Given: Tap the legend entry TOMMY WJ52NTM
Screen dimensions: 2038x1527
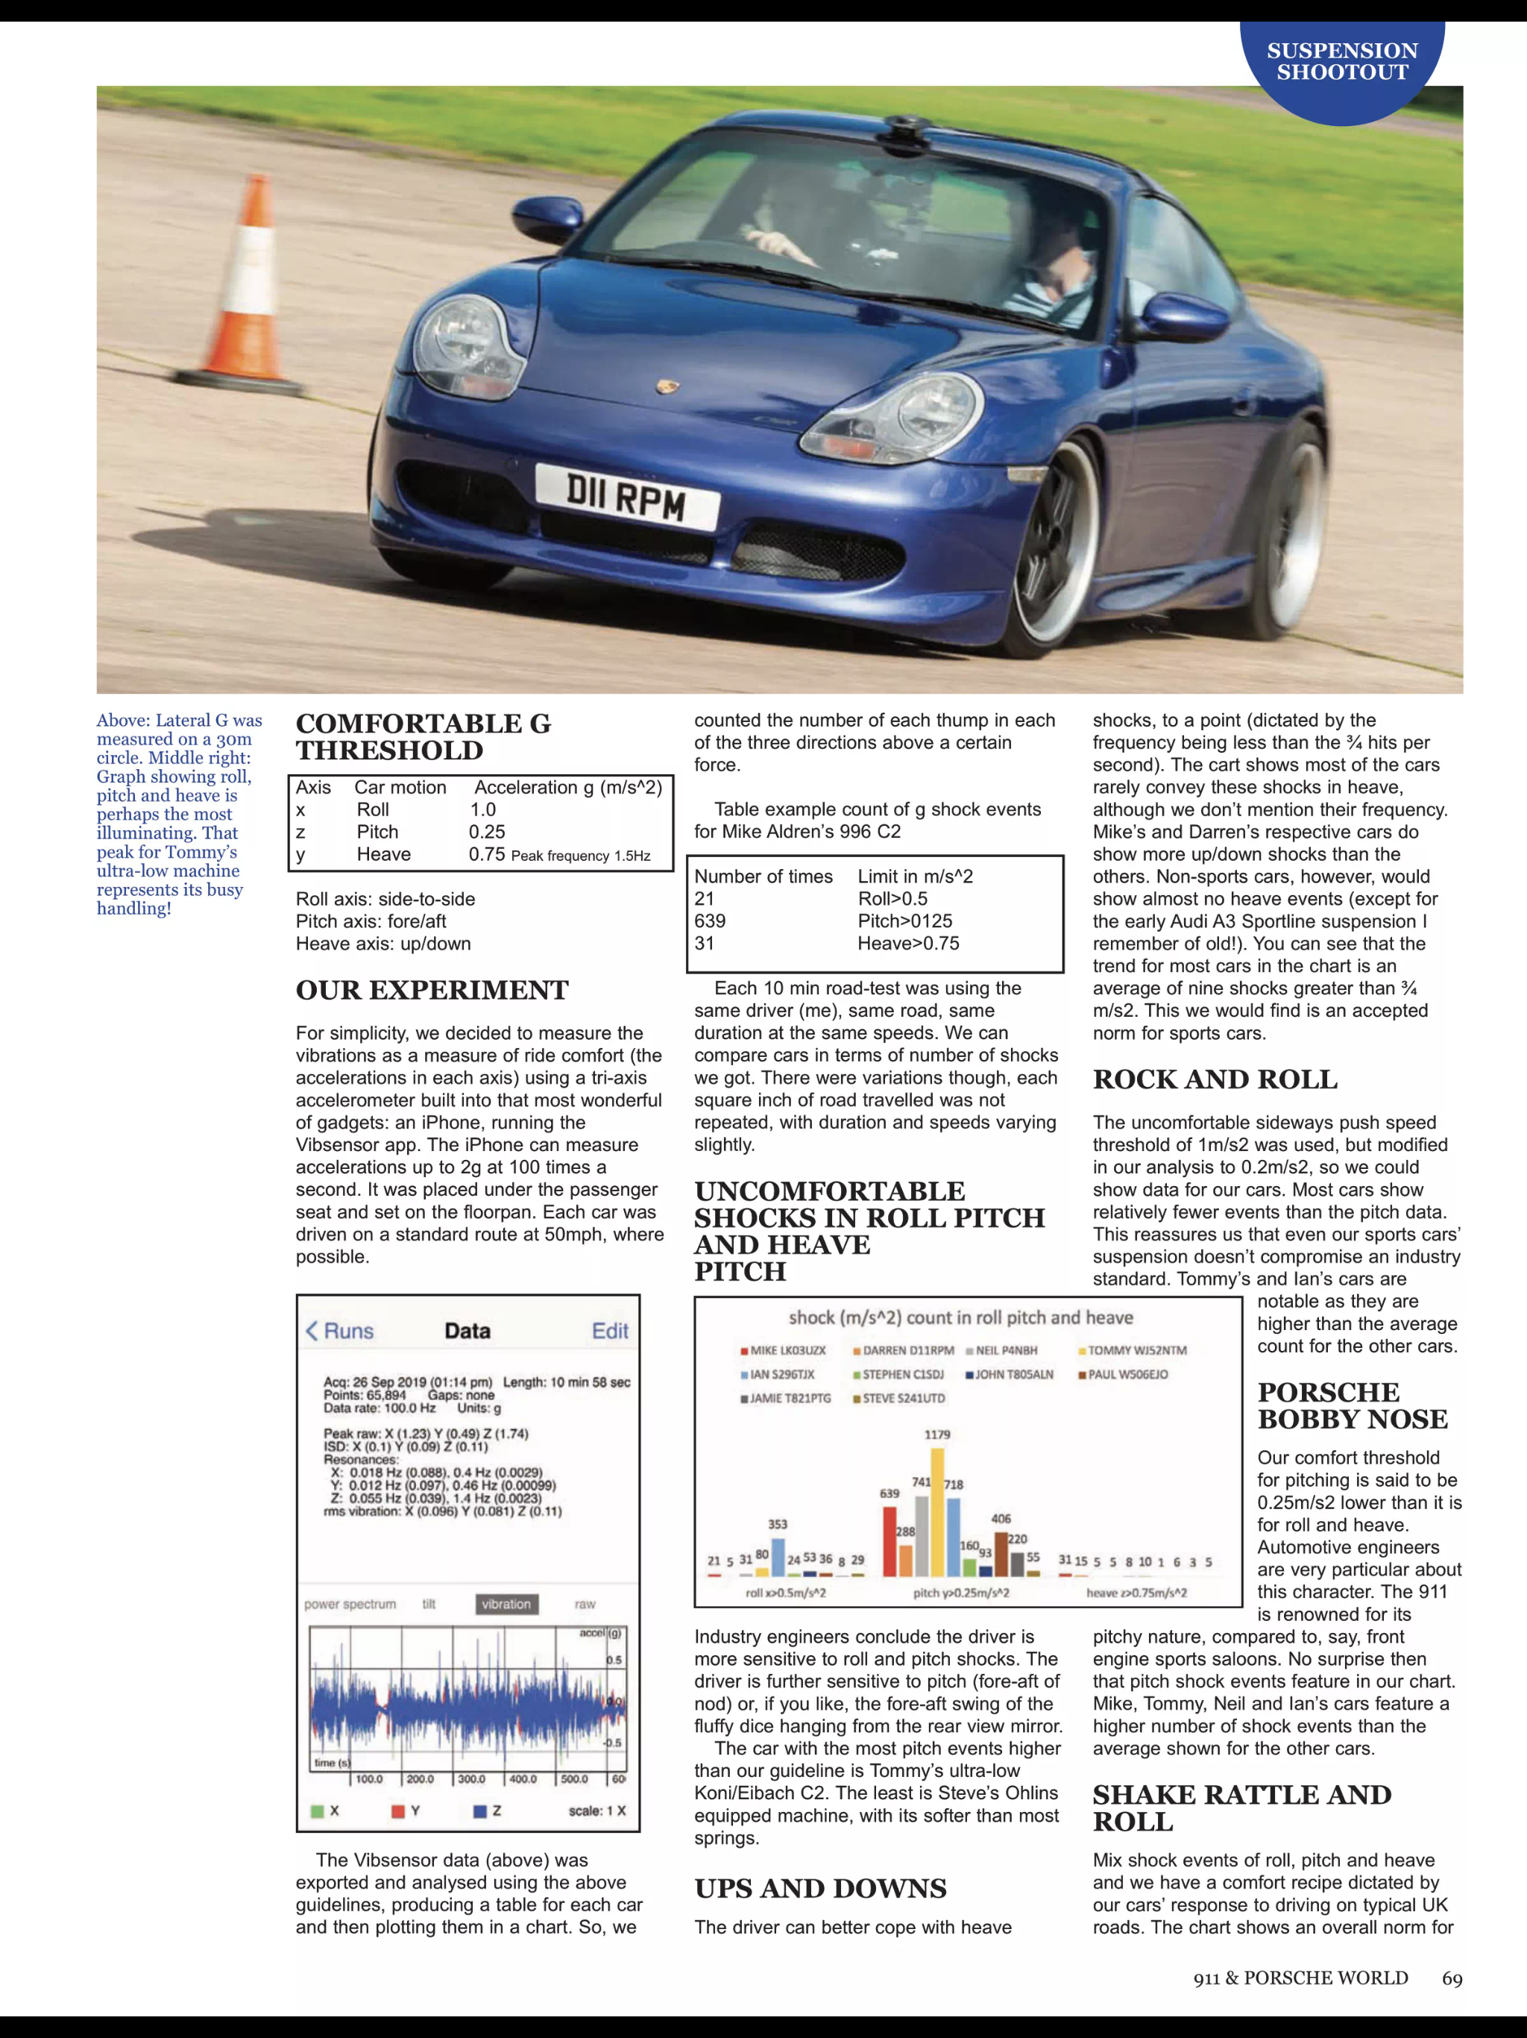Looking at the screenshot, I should pyautogui.click(x=1136, y=1351).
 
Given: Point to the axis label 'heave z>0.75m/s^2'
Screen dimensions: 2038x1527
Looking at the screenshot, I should pyautogui.click(x=1136, y=1593).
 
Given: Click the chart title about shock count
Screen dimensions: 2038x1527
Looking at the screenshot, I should pyautogui.click(x=960, y=1318).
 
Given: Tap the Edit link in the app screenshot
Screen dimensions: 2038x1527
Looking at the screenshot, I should pyautogui.click(x=610, y=1332).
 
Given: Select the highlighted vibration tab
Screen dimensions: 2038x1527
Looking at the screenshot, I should pyautogui.click(x=506, y=1604).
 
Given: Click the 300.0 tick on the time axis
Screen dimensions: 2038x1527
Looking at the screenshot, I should pyautogui.click(x=470, y=1779).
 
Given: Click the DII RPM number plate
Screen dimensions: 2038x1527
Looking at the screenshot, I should pyautogui.click(x=626, y=498).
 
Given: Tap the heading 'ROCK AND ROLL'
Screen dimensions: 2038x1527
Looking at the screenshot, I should pyautogui.click(x=1215, y=1080).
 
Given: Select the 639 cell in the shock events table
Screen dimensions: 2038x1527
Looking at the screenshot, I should pyautogui.click(x=710, y=921).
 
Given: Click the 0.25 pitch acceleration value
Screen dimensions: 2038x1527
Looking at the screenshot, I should pyautogui.click(x=487, y=832).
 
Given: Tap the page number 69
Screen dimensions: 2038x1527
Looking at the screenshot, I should pyautogui.click(x=1452, y=1979).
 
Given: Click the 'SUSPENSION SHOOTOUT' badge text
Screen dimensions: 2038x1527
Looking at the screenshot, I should pyautogui.click(x=1342, y=62).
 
